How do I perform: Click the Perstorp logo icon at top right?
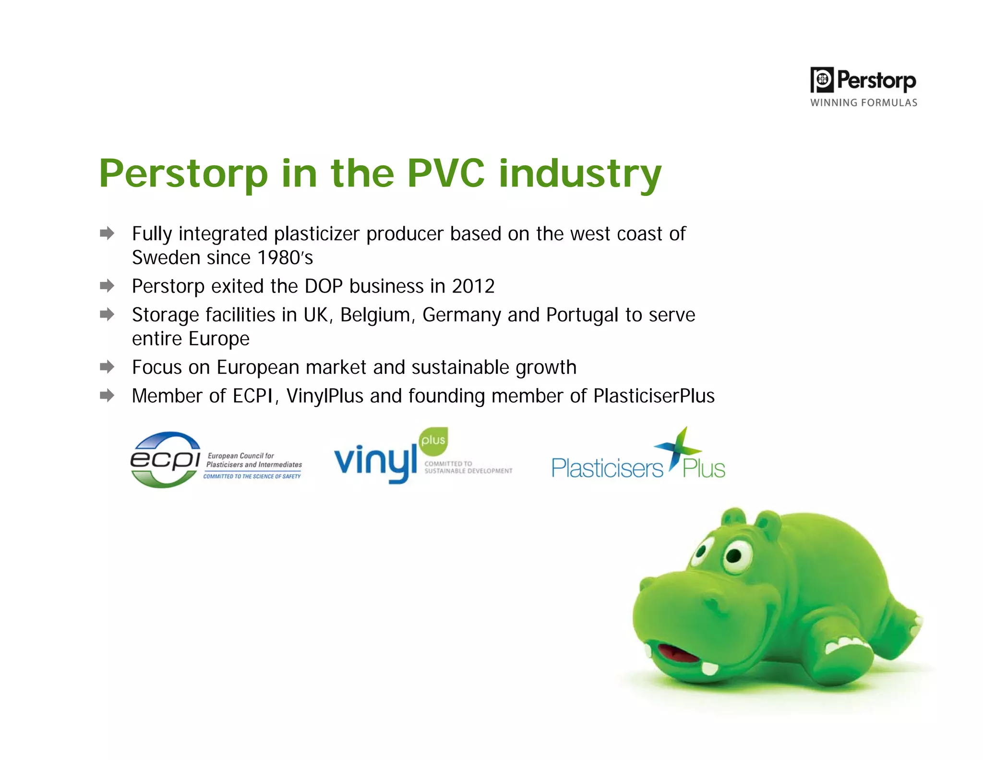pyautogui.click(x=822, y=80)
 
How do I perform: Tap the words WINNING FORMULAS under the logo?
pyautogui.click(x=863, y=103)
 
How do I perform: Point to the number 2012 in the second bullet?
pyautogui.click(x=473, y=286)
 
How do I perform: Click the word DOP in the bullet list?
pyautogui.click(x=324, y=286)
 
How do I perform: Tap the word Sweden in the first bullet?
pyautogui.click(x=166, y=258)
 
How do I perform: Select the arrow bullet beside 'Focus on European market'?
pyautogui.click(x=107, y=367)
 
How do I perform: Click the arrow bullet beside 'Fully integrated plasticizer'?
pyautogui.click(x=107, y=233)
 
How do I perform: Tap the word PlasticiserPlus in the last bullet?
pyautogui.click(x=654, y=396)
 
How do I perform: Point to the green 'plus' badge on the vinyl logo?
pyautogui.click(x=433, y=441)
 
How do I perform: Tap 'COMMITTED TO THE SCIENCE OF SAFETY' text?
pyautogui.click(x=252, y=477)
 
